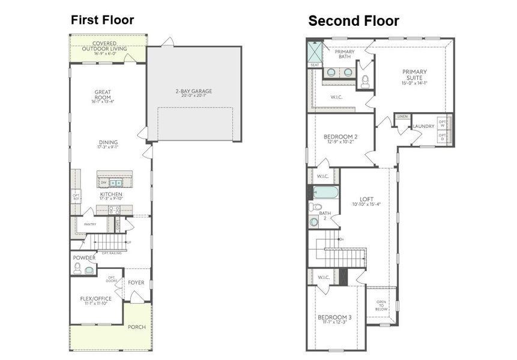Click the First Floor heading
102,20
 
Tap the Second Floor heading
354,21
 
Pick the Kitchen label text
111,195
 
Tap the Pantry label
90,224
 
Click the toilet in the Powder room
77,268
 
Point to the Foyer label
136,282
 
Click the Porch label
136,327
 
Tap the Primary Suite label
414,75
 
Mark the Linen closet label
402,116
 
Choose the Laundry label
423,127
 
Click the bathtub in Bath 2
325,193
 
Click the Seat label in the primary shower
315,65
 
